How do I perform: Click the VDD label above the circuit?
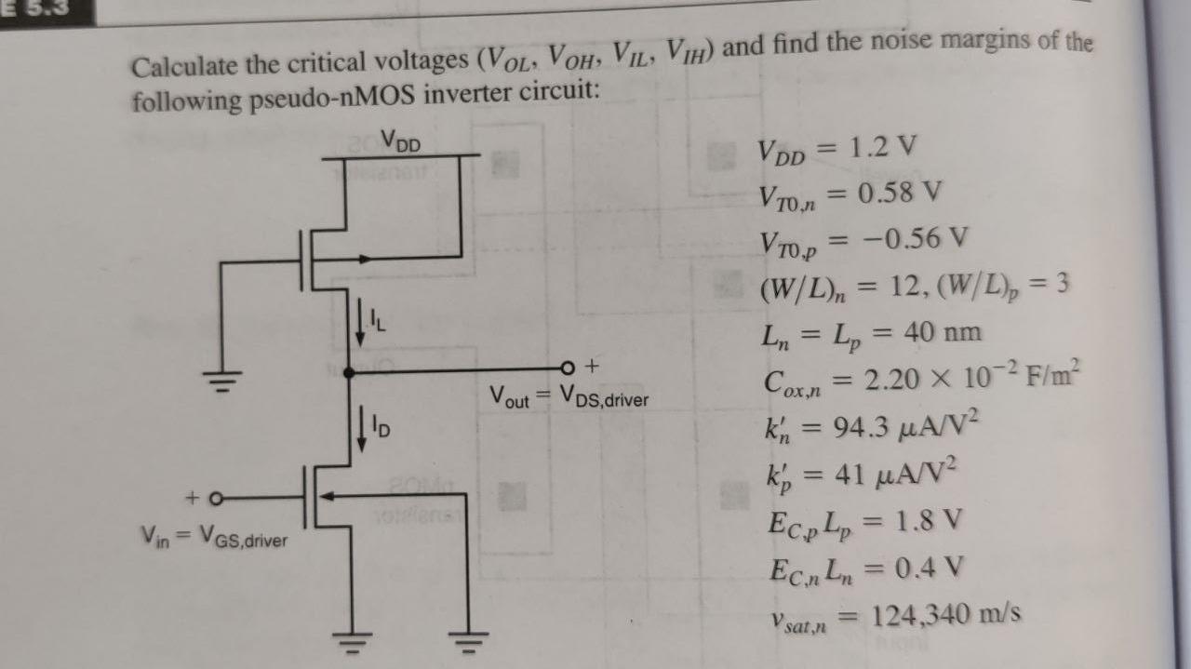click(x=401, y=144)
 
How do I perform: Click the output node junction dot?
click(x=349, y=372)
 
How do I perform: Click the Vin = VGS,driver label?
click(x=214, y=537)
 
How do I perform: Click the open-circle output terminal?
click(x=570, y=365)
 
